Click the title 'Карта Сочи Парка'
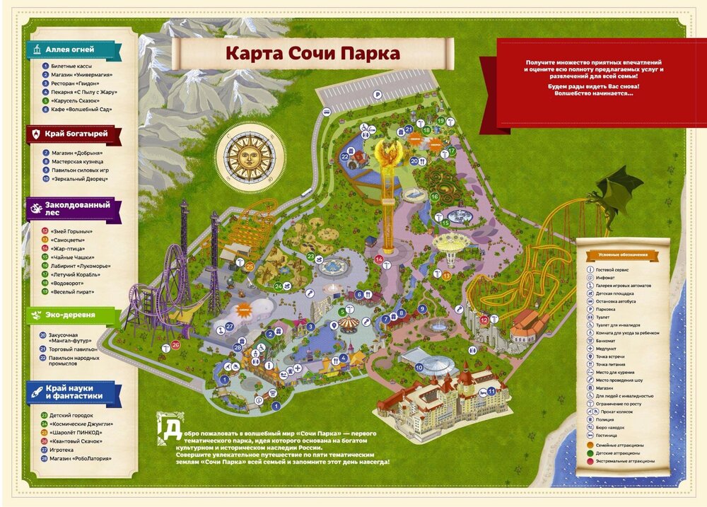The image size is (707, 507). click(312, 54)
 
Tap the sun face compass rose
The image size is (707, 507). click(249, 158)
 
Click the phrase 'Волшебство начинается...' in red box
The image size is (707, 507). click(594, 93)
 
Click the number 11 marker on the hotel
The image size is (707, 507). click(490, 391)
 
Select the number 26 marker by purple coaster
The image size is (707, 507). click(175, 344)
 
